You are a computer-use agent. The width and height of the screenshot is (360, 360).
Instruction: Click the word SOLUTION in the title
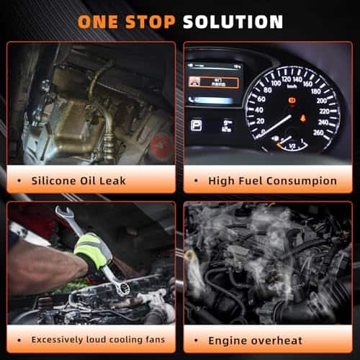(233, 22)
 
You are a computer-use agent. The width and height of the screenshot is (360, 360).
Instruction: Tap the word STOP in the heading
(150, 22)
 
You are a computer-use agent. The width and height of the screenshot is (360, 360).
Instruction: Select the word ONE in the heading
(98, 22)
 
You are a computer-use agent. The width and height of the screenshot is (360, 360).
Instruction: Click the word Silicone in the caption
(53, 181)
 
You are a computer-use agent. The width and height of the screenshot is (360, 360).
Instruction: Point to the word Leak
(112, 181)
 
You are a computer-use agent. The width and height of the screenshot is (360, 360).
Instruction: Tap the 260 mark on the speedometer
(318, 132)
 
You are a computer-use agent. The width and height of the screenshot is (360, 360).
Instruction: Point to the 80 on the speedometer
(267, 90)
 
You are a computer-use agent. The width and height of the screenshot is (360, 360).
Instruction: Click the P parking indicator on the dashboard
(196, 125)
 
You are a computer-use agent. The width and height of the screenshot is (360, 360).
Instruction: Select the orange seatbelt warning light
(303, 118)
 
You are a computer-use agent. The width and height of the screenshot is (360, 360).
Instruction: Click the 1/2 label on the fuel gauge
(292, 145)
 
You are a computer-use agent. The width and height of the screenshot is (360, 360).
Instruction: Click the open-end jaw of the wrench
(63, 212)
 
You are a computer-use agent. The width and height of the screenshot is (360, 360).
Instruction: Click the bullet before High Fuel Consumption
(196, 181)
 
